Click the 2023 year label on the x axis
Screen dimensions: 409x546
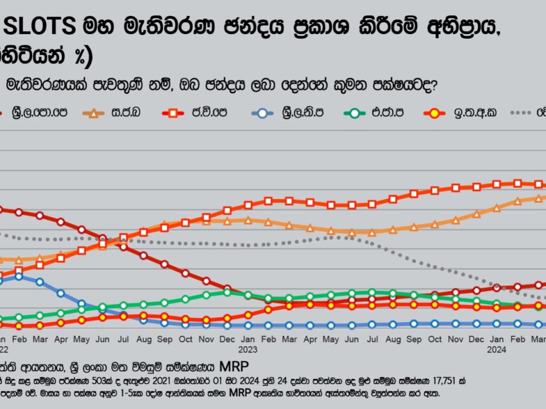pyautogui.click(x=248, y=350)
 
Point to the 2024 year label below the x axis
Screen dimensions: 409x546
pyautogui.click(x=496, y=350)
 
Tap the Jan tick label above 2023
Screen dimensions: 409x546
pyautogui.click(x=248, y=339)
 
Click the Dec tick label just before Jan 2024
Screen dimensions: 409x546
pyautogui.click(x=476, y=339)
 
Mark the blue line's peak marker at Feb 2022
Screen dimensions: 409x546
pyautogui.click(x=19, y=277)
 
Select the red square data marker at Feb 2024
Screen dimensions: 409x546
pyautogui.click(x=517, y=183)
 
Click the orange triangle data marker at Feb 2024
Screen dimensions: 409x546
pyautogui.click(x=517, y=201)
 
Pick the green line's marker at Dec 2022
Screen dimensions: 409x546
pyautogui.click(x=227, y=292)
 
